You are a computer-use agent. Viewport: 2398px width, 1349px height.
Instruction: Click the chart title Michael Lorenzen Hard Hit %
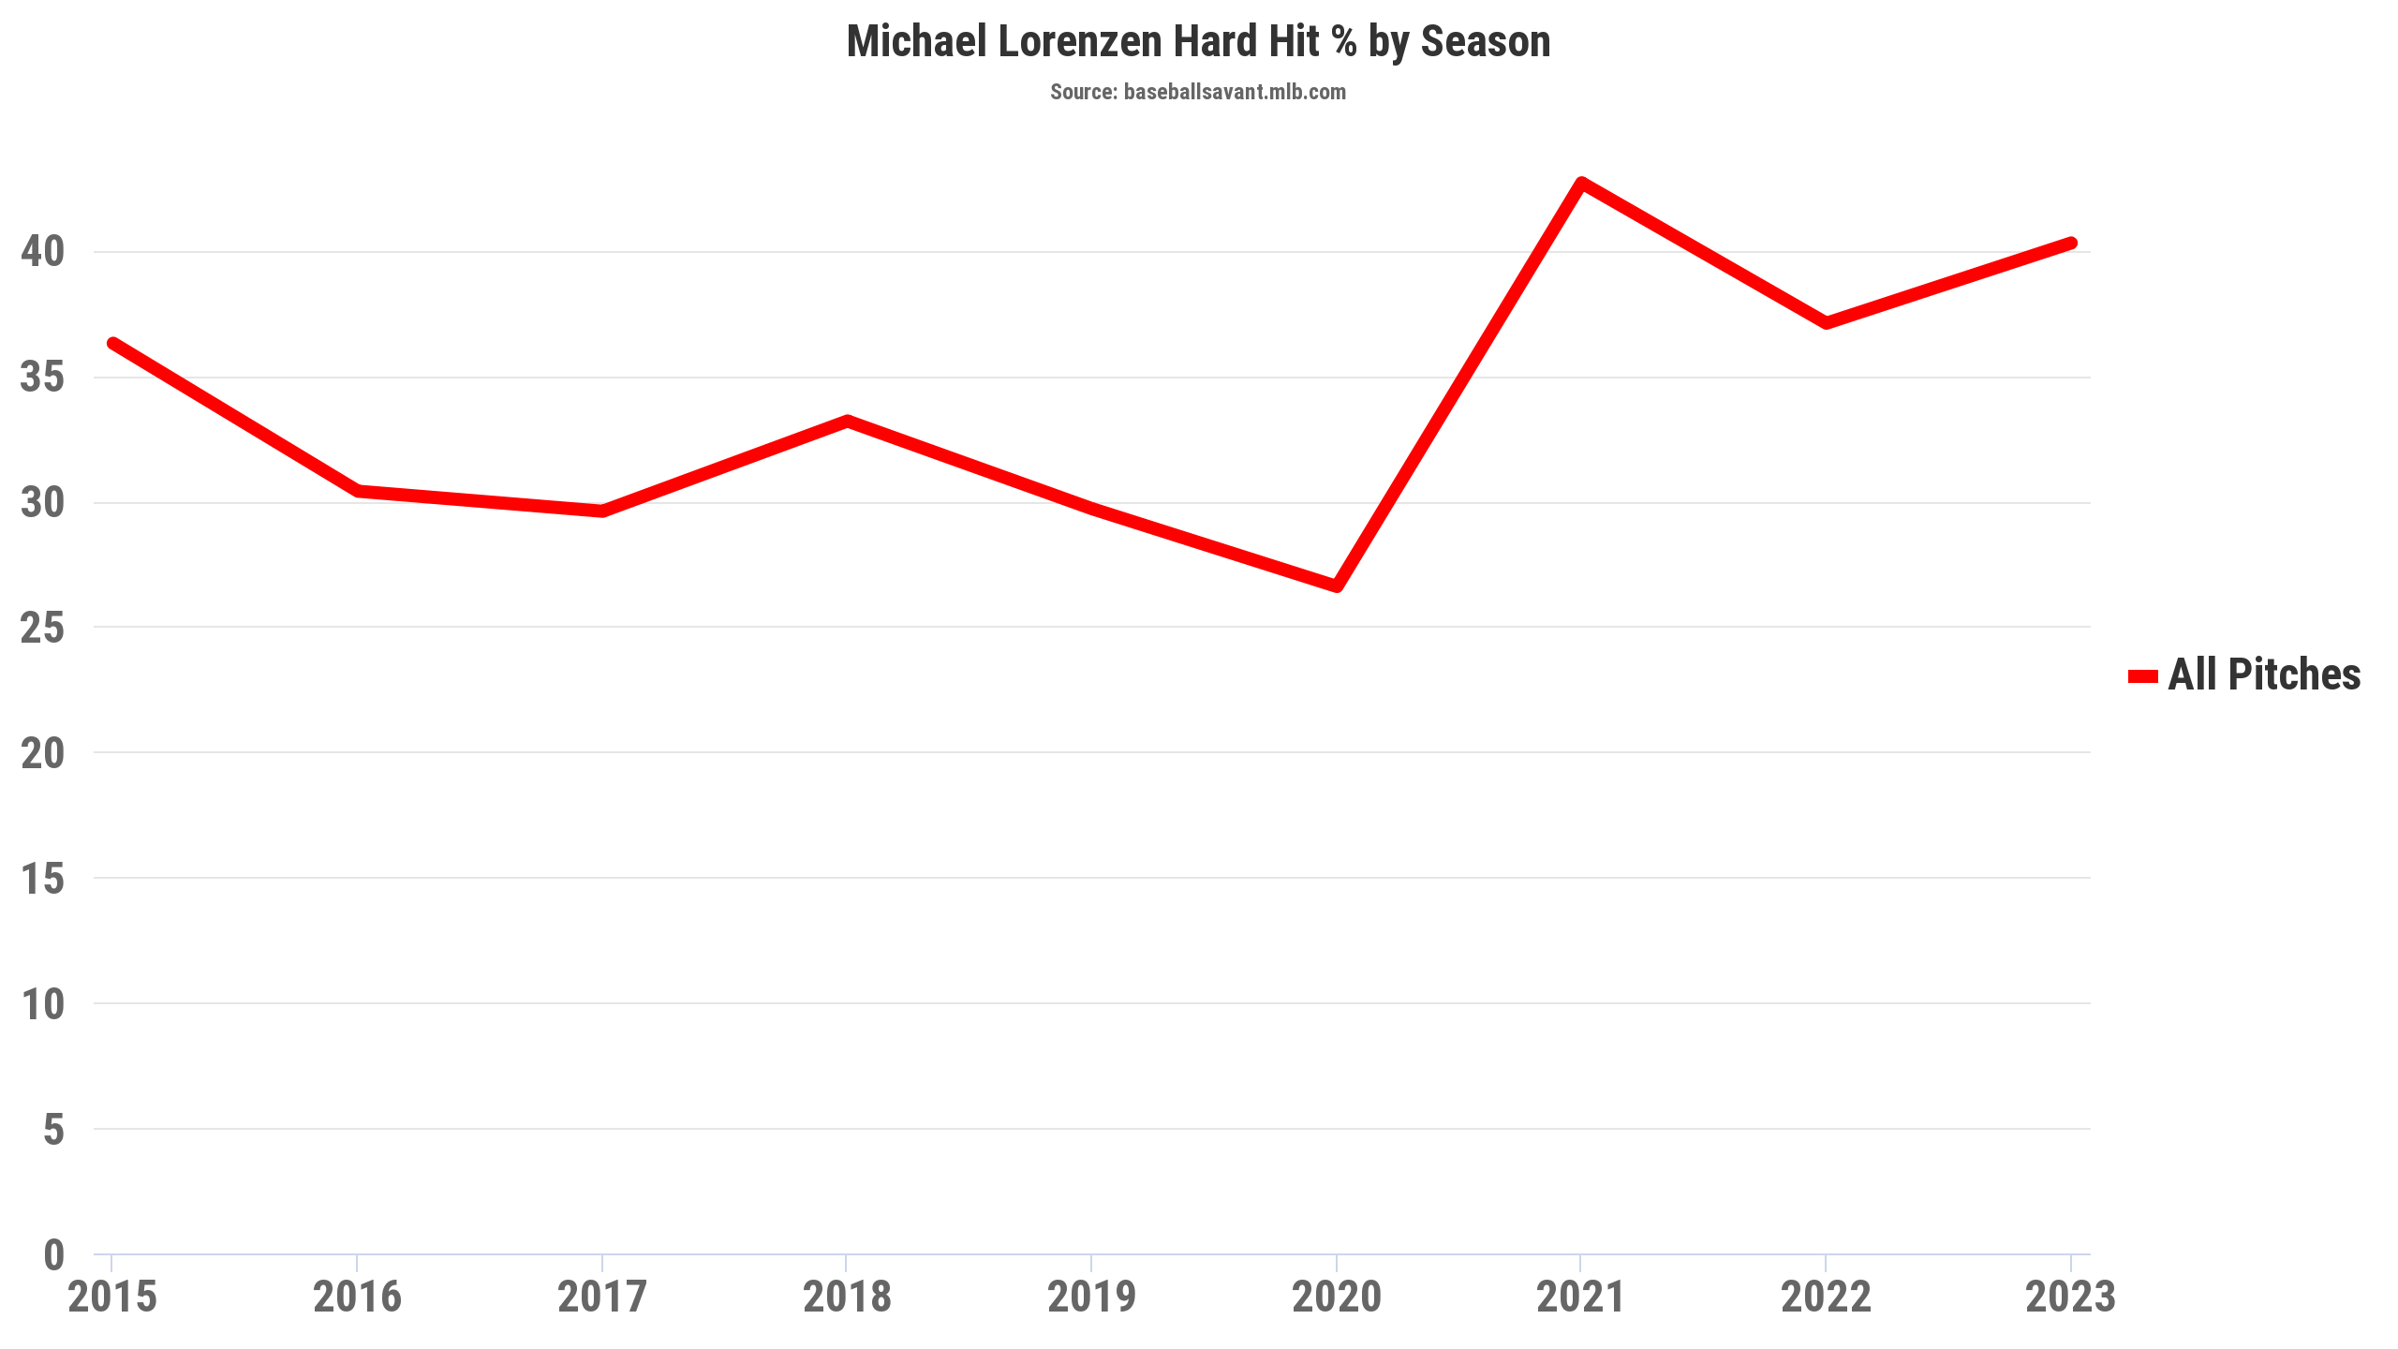click(1198, 42)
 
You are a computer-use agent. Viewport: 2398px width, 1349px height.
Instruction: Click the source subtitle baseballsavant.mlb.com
click(1198, 92)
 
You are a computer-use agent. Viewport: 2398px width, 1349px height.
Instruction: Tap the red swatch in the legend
click(2142, 676)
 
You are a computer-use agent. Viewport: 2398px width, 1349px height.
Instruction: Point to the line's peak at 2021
click(1581, 184)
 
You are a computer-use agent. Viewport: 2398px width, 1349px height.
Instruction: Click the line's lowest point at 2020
click(1337, 586)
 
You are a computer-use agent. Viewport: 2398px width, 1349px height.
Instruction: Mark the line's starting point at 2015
click(112, 344)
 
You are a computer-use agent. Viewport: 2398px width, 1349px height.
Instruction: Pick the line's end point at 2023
click(2071, 244)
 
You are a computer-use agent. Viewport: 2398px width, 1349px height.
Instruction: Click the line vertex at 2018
click(847, 422)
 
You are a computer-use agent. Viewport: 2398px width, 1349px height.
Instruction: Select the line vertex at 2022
click(1827, 323)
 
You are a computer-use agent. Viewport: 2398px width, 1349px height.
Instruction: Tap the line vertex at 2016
click(358, 491)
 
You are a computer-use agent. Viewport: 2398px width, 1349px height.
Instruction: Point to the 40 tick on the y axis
click(42, 251)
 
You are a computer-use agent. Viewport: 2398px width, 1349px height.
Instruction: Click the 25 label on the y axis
click(42, 628)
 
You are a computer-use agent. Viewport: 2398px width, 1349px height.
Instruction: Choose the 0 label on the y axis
click(53, 1255)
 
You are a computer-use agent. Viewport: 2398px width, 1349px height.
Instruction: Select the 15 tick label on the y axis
click(42, 879)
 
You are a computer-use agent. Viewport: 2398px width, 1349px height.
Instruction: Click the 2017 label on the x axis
click(601, 1297)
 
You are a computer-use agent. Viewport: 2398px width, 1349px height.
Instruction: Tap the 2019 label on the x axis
click(1091, 1297)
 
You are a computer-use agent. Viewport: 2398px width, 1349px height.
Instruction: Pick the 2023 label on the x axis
click(2070, 1297)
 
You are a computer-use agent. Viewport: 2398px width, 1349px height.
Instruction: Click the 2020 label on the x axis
click(1337, 1297)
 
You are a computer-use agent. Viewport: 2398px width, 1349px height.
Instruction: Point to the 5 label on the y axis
click(53, 1130)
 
